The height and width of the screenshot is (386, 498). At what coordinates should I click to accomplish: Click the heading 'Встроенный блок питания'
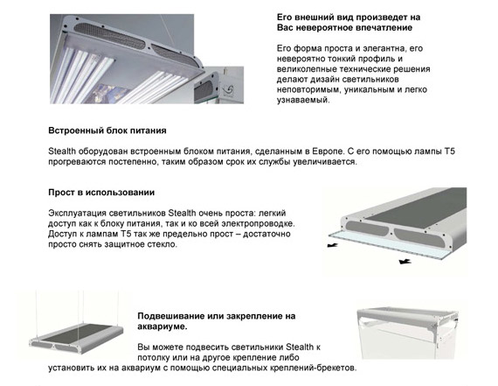point(107,130)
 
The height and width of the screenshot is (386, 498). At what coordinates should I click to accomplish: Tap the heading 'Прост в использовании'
point(101,193)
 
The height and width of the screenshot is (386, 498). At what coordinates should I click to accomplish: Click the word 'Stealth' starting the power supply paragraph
point(62,151)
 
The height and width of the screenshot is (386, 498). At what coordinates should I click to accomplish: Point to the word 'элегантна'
point(383,49)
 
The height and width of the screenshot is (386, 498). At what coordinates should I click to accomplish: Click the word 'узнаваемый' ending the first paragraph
point(303,101)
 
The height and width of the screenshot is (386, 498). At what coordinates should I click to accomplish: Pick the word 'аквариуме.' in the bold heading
point(163,326)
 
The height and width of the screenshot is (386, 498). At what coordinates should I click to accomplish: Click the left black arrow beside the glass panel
point(332,245)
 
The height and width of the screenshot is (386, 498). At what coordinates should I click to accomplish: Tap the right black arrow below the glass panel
point(405,262)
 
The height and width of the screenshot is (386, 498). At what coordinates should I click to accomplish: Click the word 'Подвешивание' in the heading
point(170,317)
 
